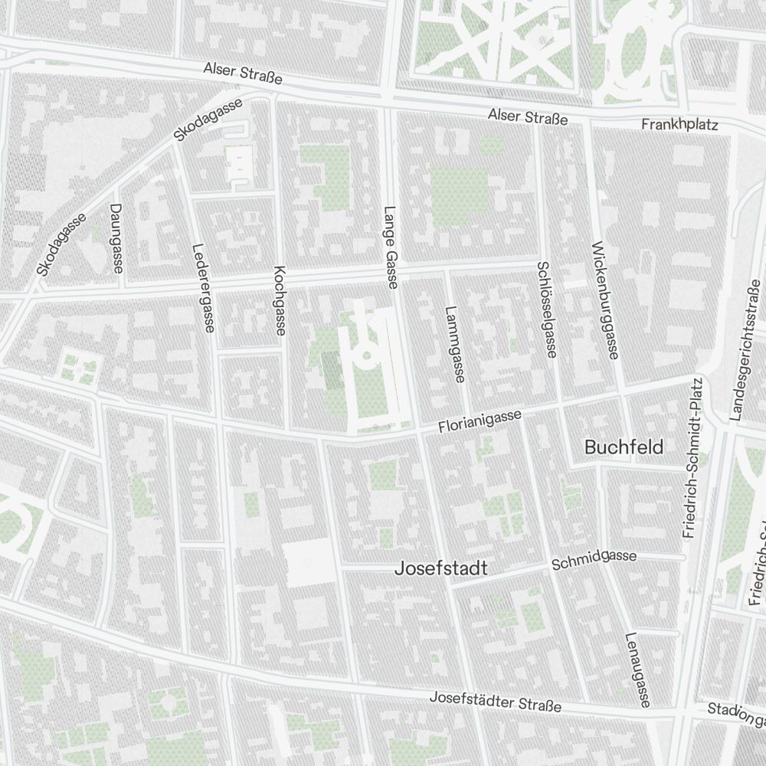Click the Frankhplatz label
click(x=679, y=124)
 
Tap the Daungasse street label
click(x=116, y=238)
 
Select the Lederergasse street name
click(x=204, y=288)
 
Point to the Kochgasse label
click(x=280, y=300)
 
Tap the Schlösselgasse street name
click(x=546, y=309)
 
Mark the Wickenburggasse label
click(x=604, y=300)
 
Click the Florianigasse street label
click(x=480, y=423)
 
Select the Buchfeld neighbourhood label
click(x=624, y=447)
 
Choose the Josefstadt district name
click(x=440, y=569)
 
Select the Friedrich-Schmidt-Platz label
click(x=693, y=457)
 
